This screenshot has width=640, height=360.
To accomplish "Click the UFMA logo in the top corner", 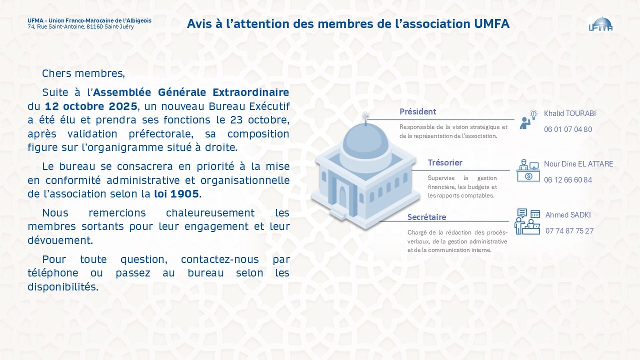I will coord(601,24).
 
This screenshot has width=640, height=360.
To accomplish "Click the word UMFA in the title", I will coord(491,24).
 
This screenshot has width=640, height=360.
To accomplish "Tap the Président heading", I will coord(418,112).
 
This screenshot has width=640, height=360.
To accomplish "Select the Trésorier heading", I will coord(445,163).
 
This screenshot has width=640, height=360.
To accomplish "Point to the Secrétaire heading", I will coord(427,217).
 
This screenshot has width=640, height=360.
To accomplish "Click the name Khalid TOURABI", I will coord(570,113).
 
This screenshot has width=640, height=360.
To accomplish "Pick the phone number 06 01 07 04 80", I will coord(568,129).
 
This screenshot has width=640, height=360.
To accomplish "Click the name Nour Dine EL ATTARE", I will coord(578,164).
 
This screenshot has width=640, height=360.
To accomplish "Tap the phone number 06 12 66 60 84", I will coord(568,180).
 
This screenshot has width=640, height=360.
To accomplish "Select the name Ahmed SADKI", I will coord(568,215).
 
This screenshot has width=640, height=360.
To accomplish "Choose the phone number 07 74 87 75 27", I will coord(569,231).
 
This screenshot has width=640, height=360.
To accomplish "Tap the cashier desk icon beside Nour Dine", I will coord(528,170).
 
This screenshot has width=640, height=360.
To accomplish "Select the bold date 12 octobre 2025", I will coord(91,106).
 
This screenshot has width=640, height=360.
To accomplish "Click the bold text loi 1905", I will coord(176,194).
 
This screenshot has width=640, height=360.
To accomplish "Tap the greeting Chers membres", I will coord(83,73).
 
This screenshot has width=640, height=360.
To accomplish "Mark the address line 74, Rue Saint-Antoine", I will coord(81,27).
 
